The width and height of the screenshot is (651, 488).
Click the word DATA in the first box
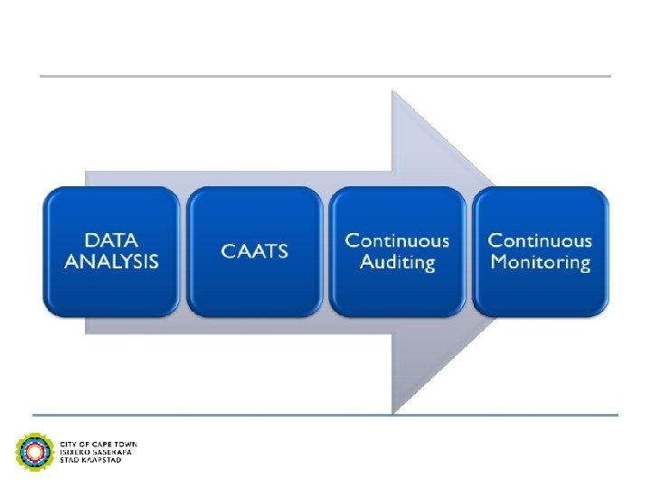point(111,240)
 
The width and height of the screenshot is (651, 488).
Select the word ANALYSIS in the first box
point(111,262)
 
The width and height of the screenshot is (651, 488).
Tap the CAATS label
point(255,251)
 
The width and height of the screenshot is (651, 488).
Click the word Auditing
point(398,263)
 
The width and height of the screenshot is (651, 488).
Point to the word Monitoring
point(541,263)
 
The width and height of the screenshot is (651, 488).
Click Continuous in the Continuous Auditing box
point(398,240)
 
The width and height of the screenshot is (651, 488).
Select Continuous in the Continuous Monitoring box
point(541,240)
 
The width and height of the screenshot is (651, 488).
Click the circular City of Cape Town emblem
point(34,451)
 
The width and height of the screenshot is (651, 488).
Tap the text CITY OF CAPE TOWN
point(99,445)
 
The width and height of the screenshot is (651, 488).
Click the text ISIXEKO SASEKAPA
point(96,452)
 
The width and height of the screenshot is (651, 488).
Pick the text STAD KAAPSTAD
point(90,460)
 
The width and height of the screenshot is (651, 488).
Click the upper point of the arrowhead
point(392,92)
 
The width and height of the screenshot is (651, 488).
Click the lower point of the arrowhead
point(392,411)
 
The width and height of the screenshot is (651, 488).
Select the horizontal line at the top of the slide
point(325,76)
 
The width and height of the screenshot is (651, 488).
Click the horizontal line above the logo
point(325,415)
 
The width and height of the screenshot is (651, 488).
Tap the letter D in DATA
point(91,240)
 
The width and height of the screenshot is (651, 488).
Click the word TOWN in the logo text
point(127,445)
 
